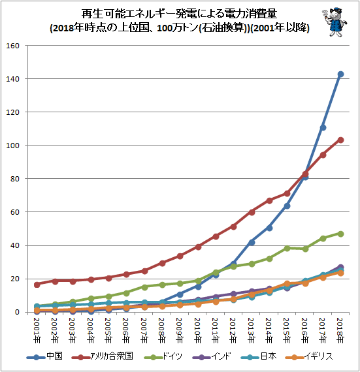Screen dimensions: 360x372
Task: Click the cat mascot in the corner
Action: pos(335,22)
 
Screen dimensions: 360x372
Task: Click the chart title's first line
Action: pos(179,14)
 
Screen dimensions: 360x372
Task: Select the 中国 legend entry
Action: pos(44,356)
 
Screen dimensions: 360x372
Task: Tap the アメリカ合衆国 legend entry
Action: pos(102,356)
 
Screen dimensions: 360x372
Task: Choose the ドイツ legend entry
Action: pos(163,356)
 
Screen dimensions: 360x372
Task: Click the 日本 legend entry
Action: pos(259,356)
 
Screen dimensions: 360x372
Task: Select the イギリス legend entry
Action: pos(308,356)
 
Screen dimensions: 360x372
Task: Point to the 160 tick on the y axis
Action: pos(13,46)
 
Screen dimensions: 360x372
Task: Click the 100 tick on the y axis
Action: pos(13,146)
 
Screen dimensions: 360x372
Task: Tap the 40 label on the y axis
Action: pos(15,245)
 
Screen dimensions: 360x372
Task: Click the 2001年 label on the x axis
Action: pos(37,330)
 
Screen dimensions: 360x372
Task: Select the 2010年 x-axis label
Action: pos(198,330)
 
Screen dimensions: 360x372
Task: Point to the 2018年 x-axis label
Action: pos(340,330)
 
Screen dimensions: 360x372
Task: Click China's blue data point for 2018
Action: pos(340,74)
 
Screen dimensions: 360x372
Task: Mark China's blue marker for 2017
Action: pos(323,128)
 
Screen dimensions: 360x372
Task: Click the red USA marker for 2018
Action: pos(340,140)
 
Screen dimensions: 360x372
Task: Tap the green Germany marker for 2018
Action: pos(340,234)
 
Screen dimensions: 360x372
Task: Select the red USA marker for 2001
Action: pos(37,285)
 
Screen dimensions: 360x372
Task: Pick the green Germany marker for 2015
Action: pos(287,248)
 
